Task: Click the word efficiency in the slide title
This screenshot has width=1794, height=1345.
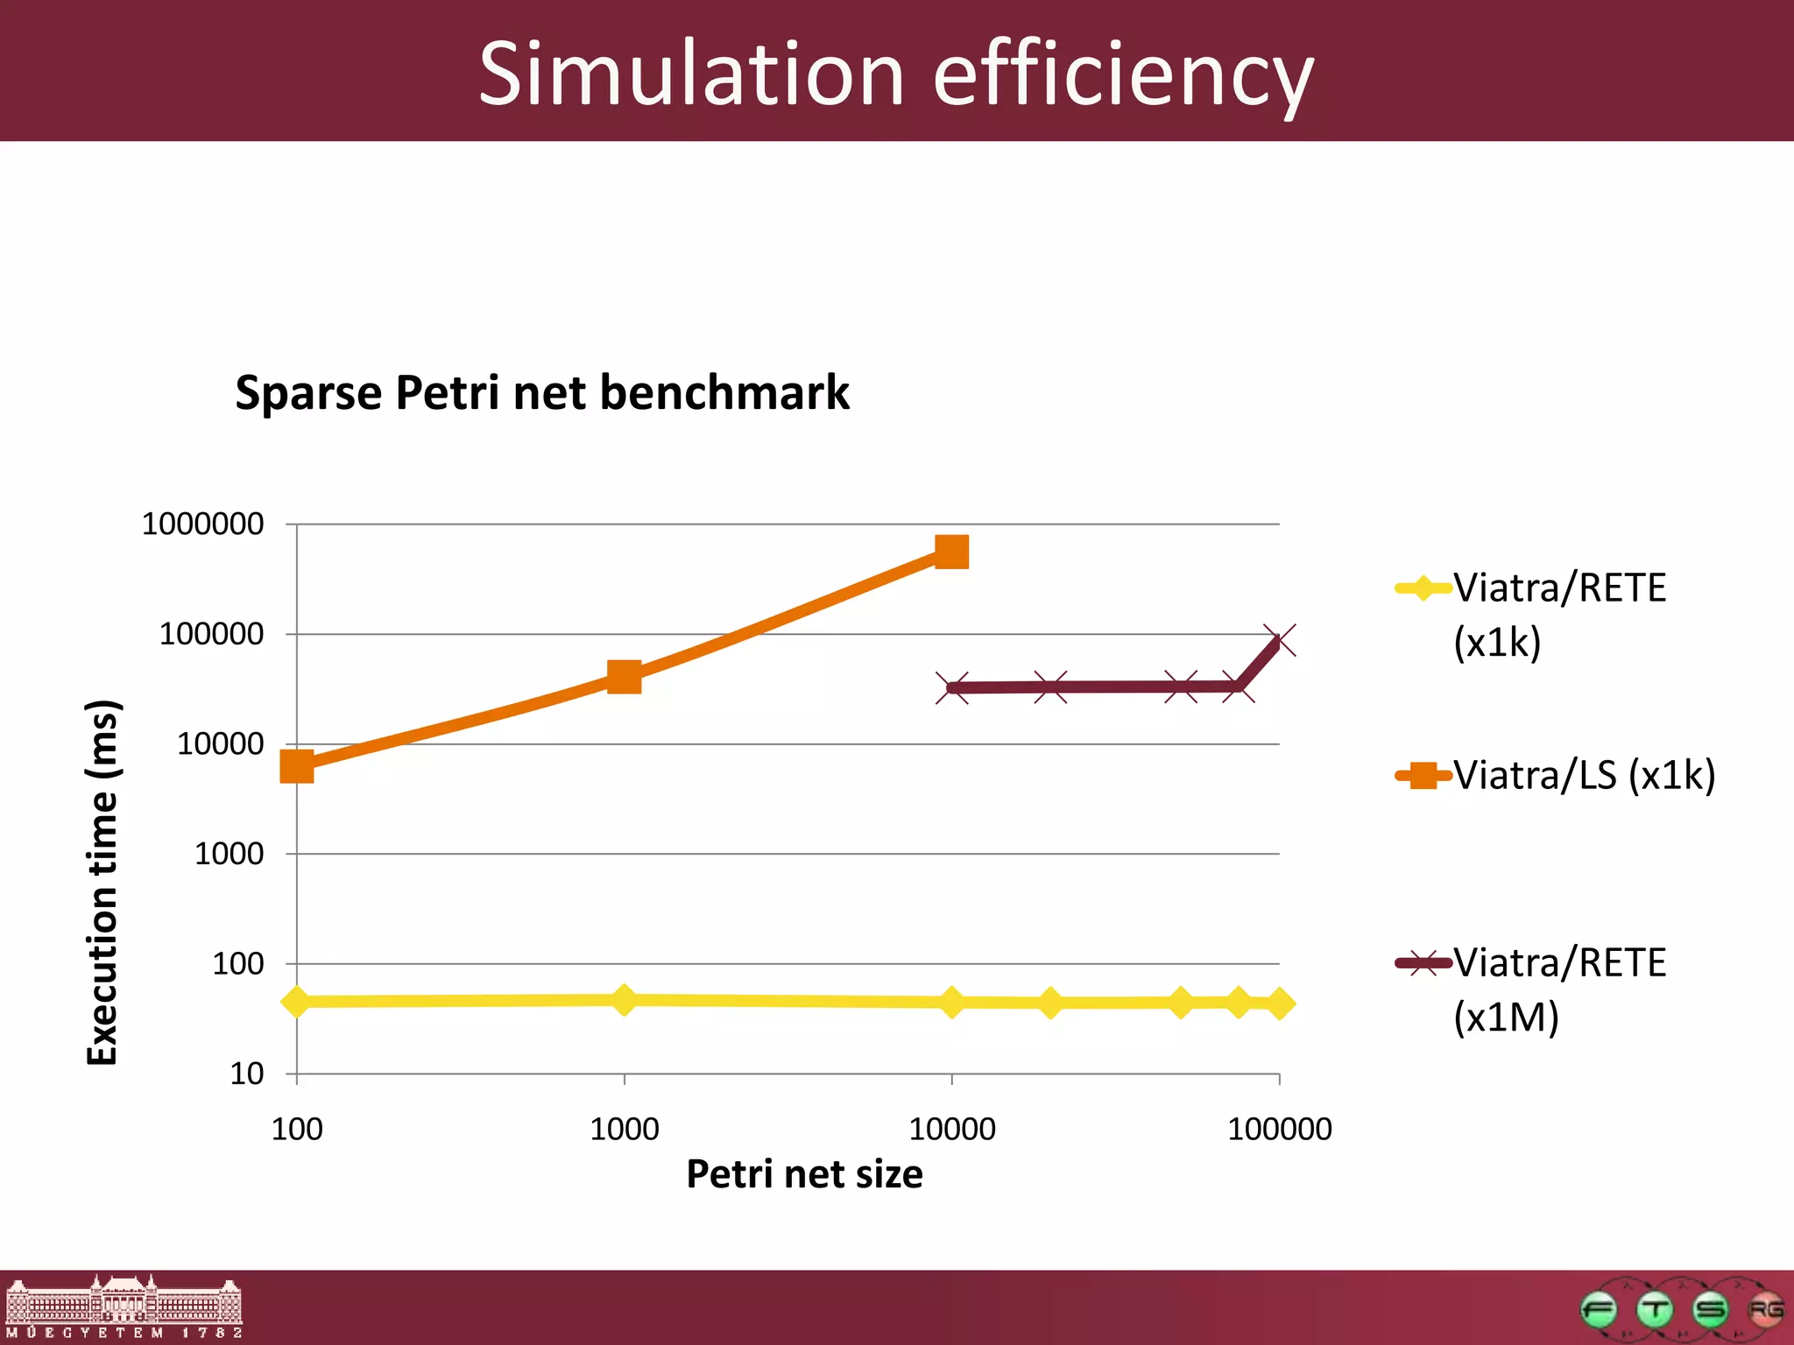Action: (x=1123, y=77)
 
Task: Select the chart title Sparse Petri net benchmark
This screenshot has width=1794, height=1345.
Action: (x=542, y=392)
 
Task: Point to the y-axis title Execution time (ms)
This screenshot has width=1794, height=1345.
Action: (x=102, y=882)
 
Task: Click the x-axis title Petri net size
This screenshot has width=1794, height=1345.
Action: (x=804, y=1174)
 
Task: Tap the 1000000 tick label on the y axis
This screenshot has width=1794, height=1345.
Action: (x=202, y=525)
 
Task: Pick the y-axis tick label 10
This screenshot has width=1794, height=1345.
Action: (x=246, y=1074)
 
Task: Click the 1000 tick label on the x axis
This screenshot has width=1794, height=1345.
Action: (x=624, y=1130)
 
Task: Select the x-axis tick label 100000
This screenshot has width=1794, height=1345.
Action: (x=1279, y=1130)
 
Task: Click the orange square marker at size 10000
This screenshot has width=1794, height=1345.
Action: (x=952, y=553)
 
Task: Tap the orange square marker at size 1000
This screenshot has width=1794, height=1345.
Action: (x=624, y=677)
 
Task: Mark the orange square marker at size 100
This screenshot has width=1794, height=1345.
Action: (x=297, y=766)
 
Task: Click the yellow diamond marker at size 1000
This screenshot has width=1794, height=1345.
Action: (x=624, y=999)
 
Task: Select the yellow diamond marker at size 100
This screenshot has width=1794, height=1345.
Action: (x=297, y=1001)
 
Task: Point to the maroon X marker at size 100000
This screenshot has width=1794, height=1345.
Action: (x=1280, y=640)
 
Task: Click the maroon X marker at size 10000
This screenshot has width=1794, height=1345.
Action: (x=952, y=687)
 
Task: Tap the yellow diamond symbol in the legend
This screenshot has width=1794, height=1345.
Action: (x=1423, y=588)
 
